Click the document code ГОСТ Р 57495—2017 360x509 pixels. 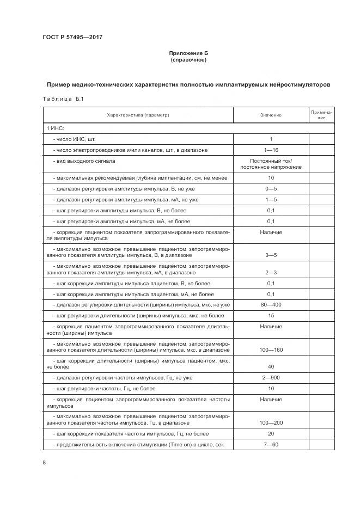(72, 37)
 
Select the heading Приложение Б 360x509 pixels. (188, 53)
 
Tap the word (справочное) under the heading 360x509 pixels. (188, 59)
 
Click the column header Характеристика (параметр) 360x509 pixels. (138, 115)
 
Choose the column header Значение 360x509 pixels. (271, 115)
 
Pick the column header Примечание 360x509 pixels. (321, 115)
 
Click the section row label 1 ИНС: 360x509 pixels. (55, 128)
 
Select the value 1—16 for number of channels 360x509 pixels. (271, 149)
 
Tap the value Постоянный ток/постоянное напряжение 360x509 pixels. (271, 164)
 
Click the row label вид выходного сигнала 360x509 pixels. (84, 161)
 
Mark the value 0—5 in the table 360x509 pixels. (271, 188)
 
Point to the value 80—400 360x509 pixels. (271, 304)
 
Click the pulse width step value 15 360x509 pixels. (271, 315)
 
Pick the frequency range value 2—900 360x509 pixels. (271, 378)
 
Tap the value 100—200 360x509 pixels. (271, 422)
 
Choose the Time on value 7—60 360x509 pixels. (271, 445)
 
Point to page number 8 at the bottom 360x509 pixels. (44, 463)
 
